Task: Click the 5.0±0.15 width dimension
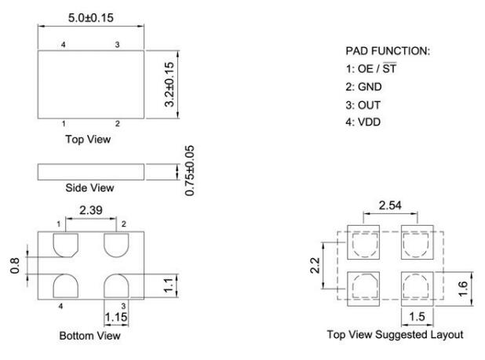90,17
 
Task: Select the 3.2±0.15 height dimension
170,85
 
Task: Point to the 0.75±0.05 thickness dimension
190,170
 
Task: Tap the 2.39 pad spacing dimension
90,210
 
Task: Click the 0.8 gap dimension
15,265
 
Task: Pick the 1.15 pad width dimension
116,317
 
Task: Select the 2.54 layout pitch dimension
390,205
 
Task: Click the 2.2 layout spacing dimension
315,266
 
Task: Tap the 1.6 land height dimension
463,289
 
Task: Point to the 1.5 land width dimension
417,317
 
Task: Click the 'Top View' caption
88,140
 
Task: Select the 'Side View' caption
89,187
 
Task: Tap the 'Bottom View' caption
89,336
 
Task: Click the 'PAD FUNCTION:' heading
388,51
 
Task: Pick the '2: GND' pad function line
363,87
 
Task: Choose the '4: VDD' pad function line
363,122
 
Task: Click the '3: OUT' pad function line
363,105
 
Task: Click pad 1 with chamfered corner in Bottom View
66,245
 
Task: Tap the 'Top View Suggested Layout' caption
395,335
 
